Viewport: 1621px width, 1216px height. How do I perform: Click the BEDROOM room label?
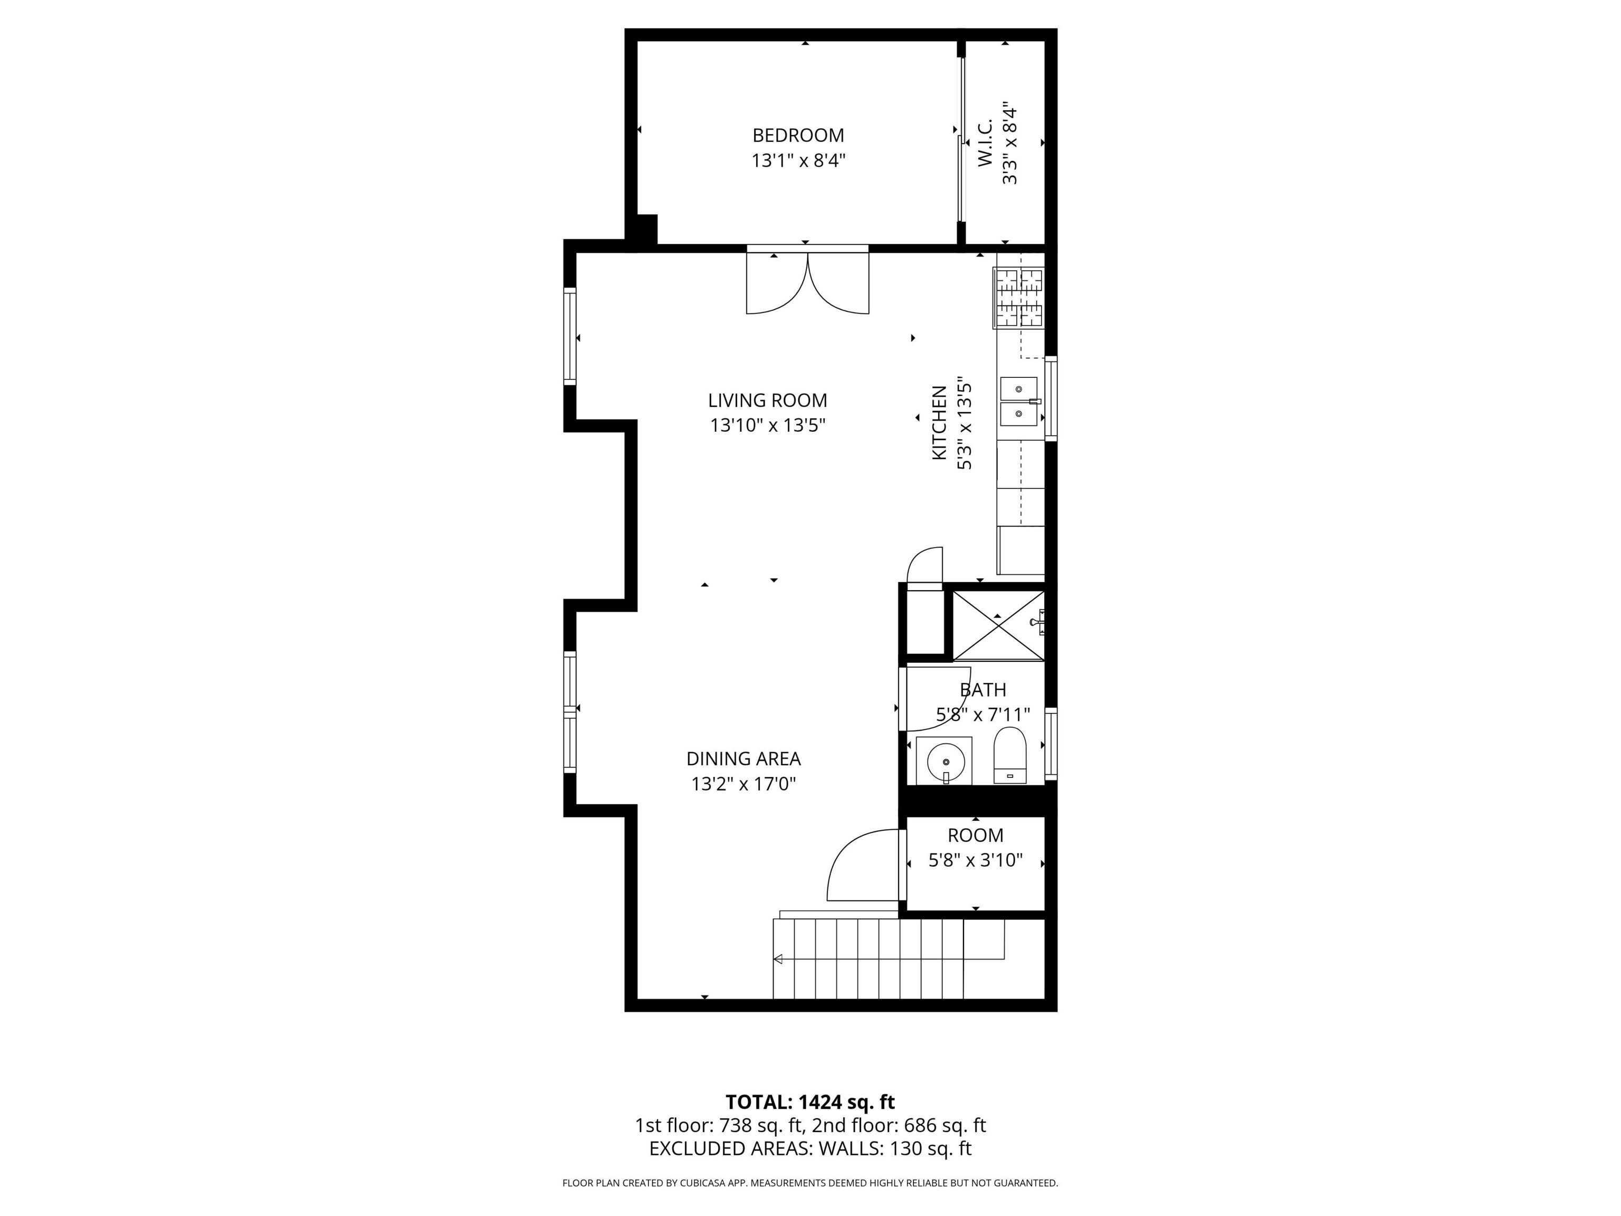pyautogui.click(x=798, y=136)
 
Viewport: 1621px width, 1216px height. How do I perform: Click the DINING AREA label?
pyautogui.click(x=743, y=758)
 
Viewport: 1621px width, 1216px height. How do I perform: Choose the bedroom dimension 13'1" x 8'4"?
pyautogui.click(x=798, y=160)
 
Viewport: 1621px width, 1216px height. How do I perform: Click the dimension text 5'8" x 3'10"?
pyautogui.click(x=975, y=860)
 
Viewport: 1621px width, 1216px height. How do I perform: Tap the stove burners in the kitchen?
pyautogui.click(x=1018, y=298)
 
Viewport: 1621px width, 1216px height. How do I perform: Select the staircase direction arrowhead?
pyautogui.click(x=778, y=959)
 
